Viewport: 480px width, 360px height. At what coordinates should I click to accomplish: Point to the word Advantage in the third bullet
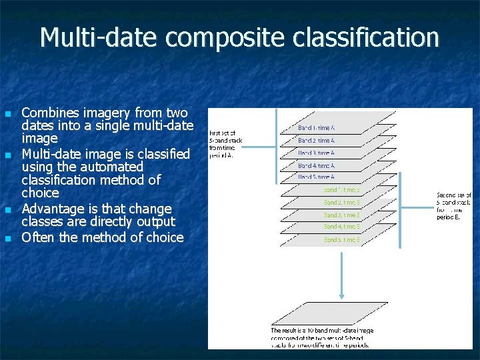(x=50, y=209)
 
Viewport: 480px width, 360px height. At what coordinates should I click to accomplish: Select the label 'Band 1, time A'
(x=316, y=127)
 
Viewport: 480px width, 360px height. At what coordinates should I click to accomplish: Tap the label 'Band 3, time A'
(x=316, y=153)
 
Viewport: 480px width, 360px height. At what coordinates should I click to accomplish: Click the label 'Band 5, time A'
(x=316, y=177)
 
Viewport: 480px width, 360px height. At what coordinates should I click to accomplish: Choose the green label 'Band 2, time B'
(x=342, y=202)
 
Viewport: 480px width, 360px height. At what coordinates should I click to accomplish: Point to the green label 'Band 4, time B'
(x=342, y=227)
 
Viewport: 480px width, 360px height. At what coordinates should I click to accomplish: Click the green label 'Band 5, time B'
(x=342, y=239)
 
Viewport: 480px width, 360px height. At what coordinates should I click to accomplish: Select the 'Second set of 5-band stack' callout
(x=454, y=207)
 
